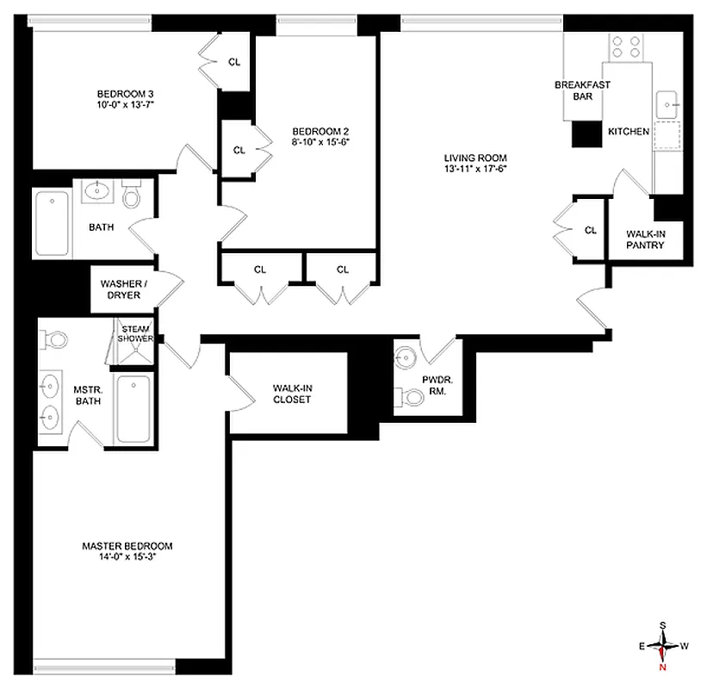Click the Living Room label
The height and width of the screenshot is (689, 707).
[474, 158]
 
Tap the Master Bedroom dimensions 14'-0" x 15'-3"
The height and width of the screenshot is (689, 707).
[127, 557]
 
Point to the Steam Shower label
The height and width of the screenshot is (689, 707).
[136, 333]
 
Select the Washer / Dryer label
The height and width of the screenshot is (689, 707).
[121, 289]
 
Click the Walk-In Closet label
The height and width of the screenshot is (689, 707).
[292, 394]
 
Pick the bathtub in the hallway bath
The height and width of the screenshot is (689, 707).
[53, 224]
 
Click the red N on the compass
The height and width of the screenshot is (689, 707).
[662, 665]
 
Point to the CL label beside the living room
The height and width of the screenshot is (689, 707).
[590, 230]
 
